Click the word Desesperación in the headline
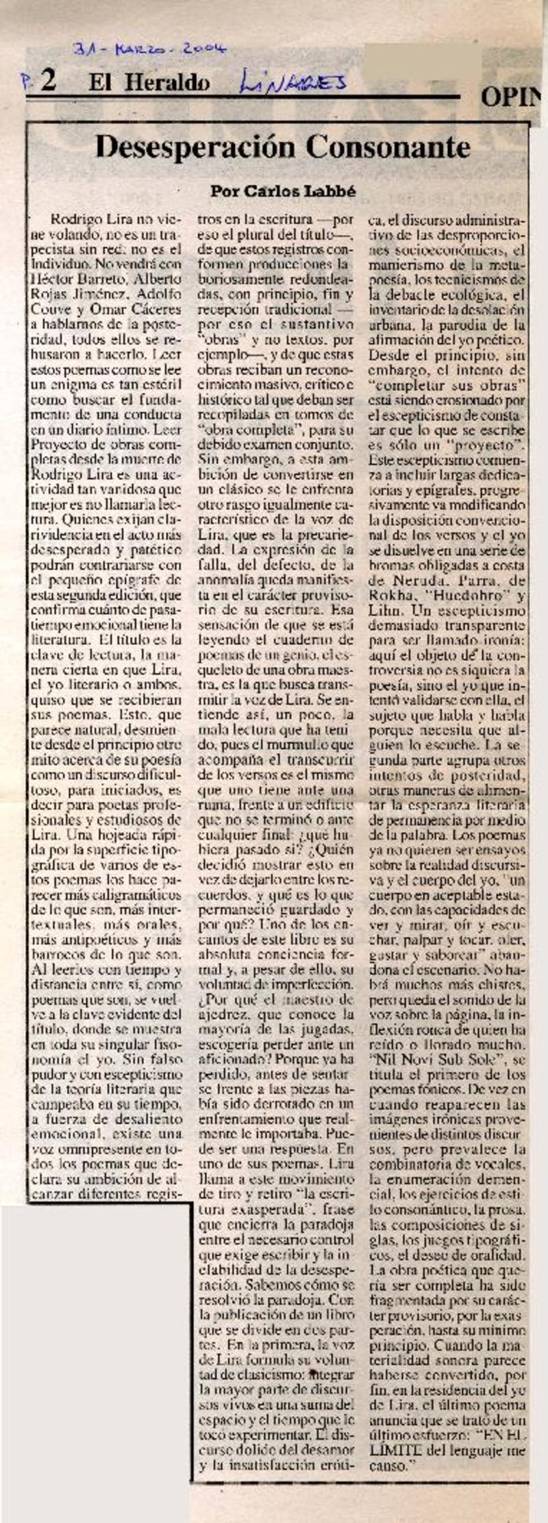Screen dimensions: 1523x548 click(x=195, y=146)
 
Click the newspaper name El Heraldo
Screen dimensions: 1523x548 click(x=148, y=84)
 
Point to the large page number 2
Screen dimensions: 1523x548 click(x=48, y=82)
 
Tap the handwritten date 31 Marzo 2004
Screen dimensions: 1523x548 click(x=150, y=49)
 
